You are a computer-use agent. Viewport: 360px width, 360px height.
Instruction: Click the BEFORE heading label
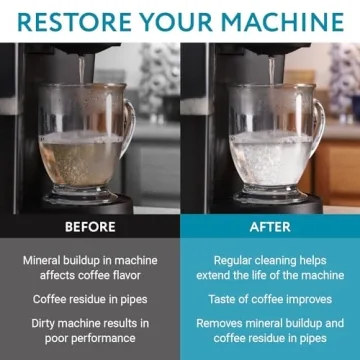(x=90, y=226)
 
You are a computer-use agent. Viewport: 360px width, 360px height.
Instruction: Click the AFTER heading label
(x=270, y=226)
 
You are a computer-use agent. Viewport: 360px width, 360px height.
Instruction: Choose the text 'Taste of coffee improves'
(x=270, y=298)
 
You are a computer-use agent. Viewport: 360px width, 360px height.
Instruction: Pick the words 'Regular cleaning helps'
(x=270, y=259)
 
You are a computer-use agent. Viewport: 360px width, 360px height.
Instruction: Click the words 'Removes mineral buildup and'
(x=270, y=323)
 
